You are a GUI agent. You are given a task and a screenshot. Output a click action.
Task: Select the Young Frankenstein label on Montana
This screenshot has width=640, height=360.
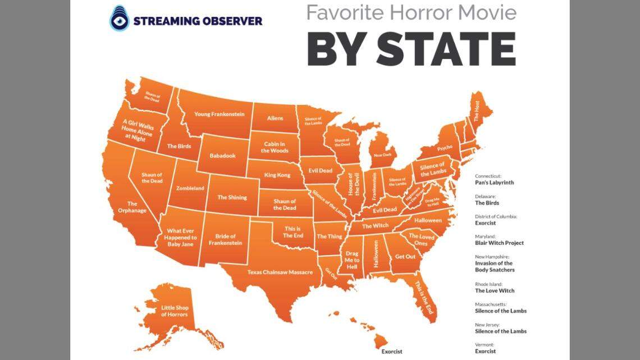point(219,114)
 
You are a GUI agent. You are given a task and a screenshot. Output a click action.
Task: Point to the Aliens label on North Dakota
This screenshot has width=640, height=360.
point(275,118)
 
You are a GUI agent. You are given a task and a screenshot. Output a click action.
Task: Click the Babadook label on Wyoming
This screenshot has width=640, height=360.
point(222,156)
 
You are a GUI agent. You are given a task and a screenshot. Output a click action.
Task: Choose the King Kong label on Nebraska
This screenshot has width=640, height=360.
point(277,175)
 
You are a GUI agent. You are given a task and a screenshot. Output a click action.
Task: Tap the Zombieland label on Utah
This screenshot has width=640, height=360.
point(190,189)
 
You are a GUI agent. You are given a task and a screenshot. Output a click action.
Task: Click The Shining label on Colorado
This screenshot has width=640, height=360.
point(230,197)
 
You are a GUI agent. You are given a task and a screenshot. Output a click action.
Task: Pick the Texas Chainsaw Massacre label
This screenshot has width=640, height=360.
point(280,272)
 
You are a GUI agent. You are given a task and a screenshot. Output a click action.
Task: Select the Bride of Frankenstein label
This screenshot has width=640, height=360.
point(225,240)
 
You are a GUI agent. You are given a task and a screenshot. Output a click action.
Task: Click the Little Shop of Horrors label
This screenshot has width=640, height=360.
point(175,311)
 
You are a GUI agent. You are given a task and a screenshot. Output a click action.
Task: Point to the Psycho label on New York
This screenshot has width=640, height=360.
point(445,148)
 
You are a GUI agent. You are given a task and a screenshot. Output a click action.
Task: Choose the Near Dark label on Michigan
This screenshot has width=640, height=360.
point(382,154)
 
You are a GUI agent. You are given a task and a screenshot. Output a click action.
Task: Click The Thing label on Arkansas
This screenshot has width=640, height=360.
point(330,236)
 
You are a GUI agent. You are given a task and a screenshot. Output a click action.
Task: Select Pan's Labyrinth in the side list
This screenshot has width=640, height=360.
point(495,183)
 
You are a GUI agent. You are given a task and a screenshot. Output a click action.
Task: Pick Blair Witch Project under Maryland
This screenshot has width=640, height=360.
point(499,243)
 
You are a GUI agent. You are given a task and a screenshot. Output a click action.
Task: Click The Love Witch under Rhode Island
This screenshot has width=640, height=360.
point(495,291)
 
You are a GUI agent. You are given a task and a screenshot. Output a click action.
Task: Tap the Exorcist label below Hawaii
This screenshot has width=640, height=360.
point(391,352)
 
